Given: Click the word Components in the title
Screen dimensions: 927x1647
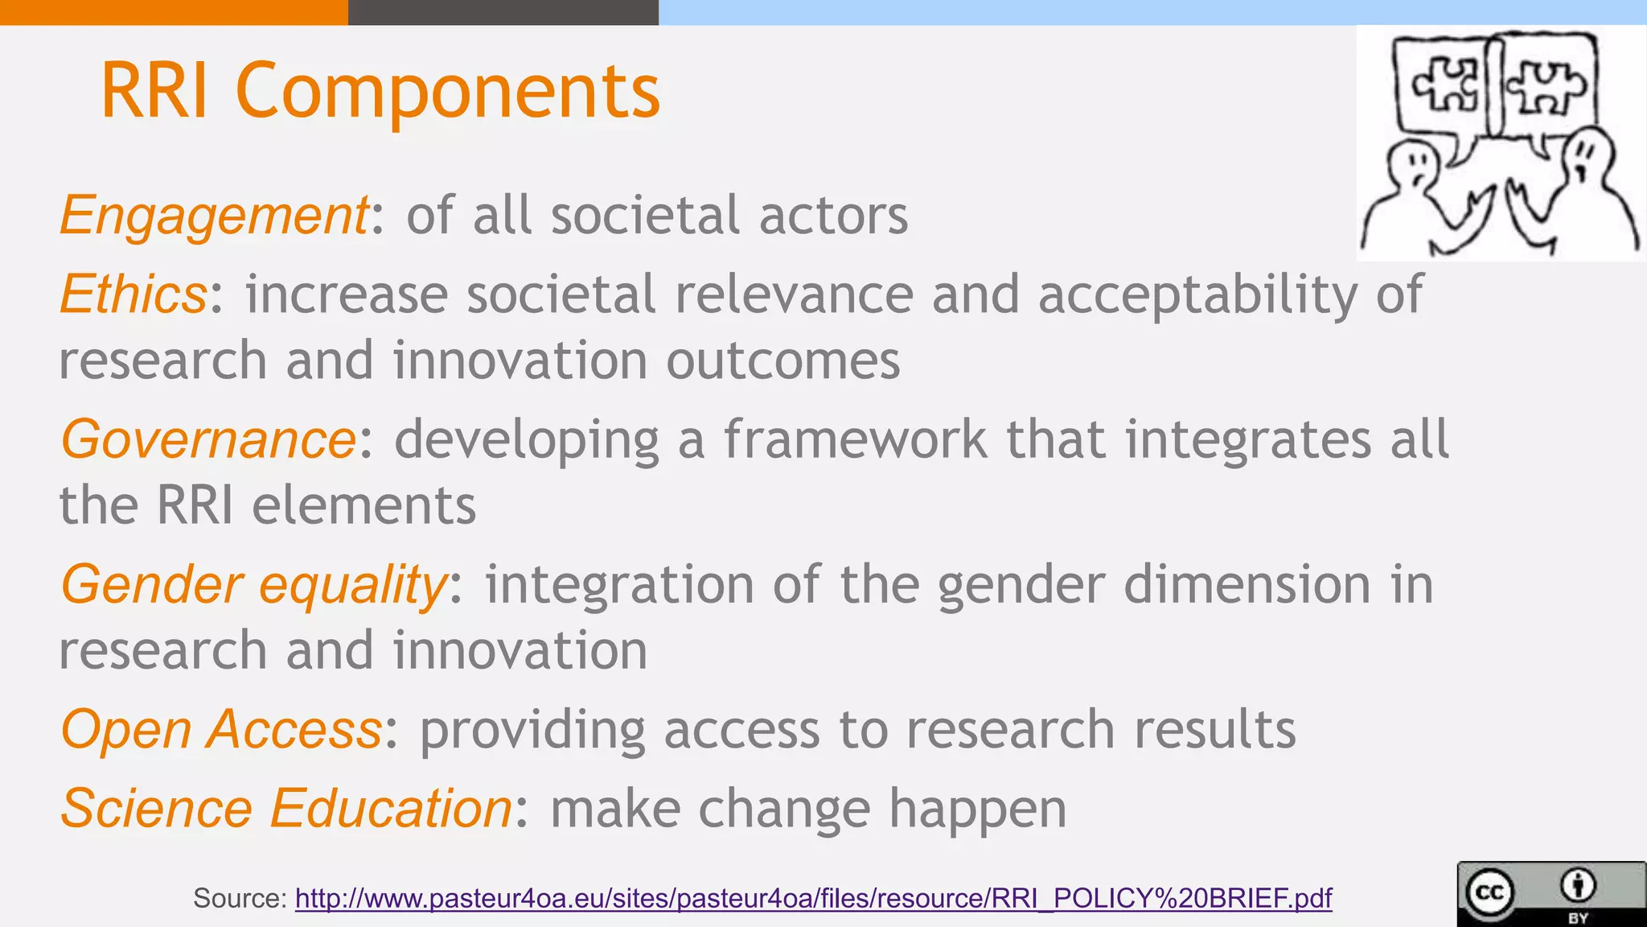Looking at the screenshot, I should click(447, 91).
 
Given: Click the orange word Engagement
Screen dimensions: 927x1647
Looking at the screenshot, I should click(214, 216).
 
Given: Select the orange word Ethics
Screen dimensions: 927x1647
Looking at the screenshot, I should click(133, 295).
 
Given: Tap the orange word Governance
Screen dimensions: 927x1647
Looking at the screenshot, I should click(208, 439).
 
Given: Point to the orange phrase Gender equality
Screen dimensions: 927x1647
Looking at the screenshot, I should click(253, 584).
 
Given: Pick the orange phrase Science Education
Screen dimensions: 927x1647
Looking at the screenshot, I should click(286, 808).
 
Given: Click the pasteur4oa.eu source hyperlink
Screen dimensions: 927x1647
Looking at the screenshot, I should click(813, 898).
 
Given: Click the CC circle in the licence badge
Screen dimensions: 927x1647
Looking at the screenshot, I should click(1489, 892).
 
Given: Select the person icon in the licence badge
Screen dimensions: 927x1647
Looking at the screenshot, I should click(1578, 886).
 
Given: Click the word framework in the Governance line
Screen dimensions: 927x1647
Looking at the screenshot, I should click(855, 439).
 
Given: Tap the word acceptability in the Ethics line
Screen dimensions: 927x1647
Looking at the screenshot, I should click(1197, 295).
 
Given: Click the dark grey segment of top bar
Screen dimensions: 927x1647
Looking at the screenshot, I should click(503, 12).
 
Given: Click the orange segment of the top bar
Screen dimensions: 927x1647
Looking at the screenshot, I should click(174, 12).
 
